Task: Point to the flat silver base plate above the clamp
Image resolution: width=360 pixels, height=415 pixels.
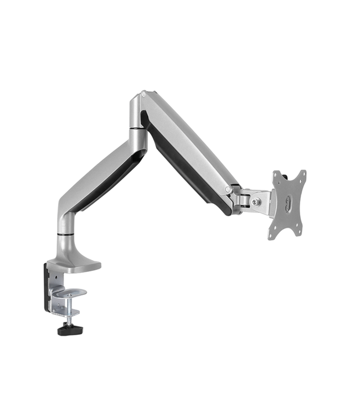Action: click(74, 266)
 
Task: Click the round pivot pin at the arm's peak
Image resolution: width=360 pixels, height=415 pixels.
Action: click(143, 96)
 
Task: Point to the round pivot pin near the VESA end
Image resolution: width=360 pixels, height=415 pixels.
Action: click(228, 189)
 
